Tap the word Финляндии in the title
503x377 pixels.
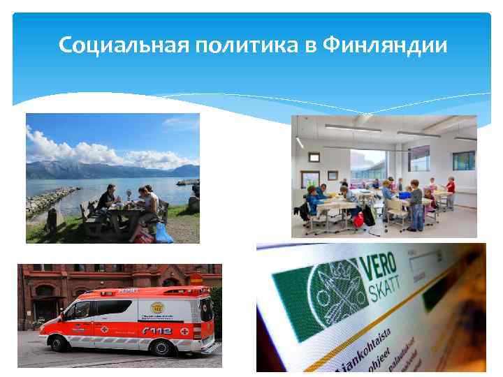(385, 46)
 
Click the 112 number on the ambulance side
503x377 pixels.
(158, 330)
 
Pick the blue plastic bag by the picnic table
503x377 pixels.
(163, 232)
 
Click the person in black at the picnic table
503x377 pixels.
(107, 200)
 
